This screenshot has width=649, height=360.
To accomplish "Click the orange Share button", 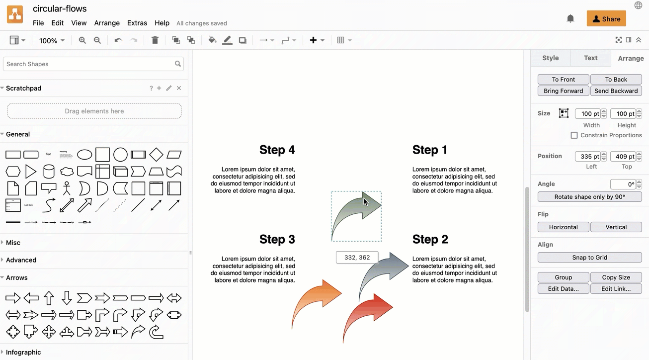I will pos(606,19).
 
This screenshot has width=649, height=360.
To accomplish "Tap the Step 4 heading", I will pos(277,150).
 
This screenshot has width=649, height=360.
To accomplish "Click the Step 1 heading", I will pos(430,150).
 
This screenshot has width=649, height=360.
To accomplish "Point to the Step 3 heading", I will pos(277,239).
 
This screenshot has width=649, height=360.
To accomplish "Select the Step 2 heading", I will pos(430,239).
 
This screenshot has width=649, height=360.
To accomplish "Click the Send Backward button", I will pos(616,91).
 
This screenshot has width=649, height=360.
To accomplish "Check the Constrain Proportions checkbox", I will pos(574,135).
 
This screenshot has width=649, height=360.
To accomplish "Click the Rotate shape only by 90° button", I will pos(589,197).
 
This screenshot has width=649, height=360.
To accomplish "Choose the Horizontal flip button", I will pos(563,227).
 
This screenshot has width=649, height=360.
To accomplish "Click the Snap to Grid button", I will pos(589,258).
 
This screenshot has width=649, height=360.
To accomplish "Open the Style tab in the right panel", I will pos(550,58).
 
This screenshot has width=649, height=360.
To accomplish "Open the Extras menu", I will pos(137,23).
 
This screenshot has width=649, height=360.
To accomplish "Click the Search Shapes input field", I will pos(89,64).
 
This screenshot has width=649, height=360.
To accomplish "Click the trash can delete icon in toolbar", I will pos(155,40).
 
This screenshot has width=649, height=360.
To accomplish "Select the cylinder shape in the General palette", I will pos(49,172).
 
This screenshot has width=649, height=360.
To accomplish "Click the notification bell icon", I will pos(570,19).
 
